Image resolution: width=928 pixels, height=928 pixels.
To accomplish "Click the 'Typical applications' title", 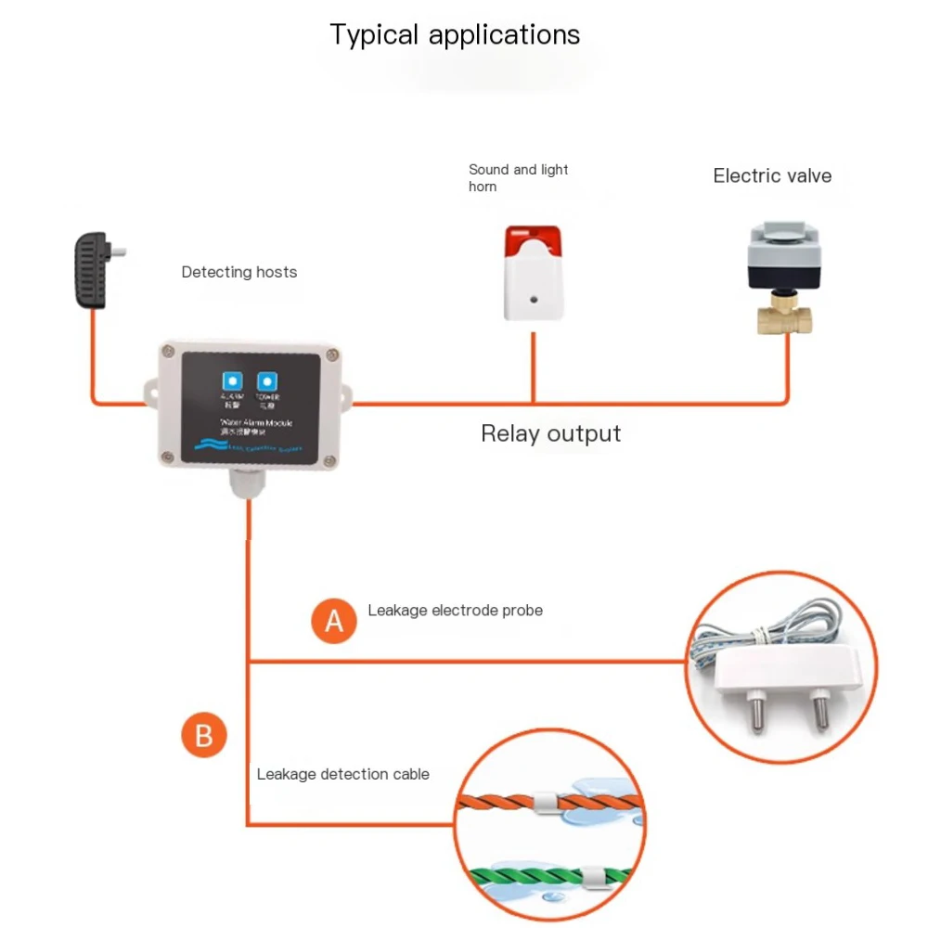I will pyautogui.click(x=455, y=35).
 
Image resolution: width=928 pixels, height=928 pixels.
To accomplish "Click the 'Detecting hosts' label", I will pyautogui.click(x=239, y=272).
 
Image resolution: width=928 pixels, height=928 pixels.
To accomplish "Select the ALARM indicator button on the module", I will pyautogui.click(x=230, y=380).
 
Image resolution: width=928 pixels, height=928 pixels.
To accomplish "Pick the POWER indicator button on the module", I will pyautogui.click(x=268, y=380).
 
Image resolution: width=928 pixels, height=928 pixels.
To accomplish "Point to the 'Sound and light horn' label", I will pyautogui.click(x=518, y=177).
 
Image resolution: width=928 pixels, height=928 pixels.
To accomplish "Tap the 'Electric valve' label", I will pyautogui.click(x=772, y=175).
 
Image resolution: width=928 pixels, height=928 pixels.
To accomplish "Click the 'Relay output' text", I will pyautogui.click(x=550, y=433).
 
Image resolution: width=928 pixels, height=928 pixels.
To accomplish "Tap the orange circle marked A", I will pyautogui.click(x=334, y=621).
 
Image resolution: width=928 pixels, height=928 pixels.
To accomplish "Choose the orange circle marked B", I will pyautogui.click(x=204, y=736).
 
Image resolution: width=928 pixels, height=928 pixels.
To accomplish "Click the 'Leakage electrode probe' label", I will pyautogui.click(x=455, y=610).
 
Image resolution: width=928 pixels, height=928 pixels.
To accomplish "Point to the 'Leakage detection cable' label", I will pyautogui.click(x=342, y=774).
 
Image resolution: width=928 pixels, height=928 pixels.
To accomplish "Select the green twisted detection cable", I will pyautogui.click(x=520, y=873).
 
